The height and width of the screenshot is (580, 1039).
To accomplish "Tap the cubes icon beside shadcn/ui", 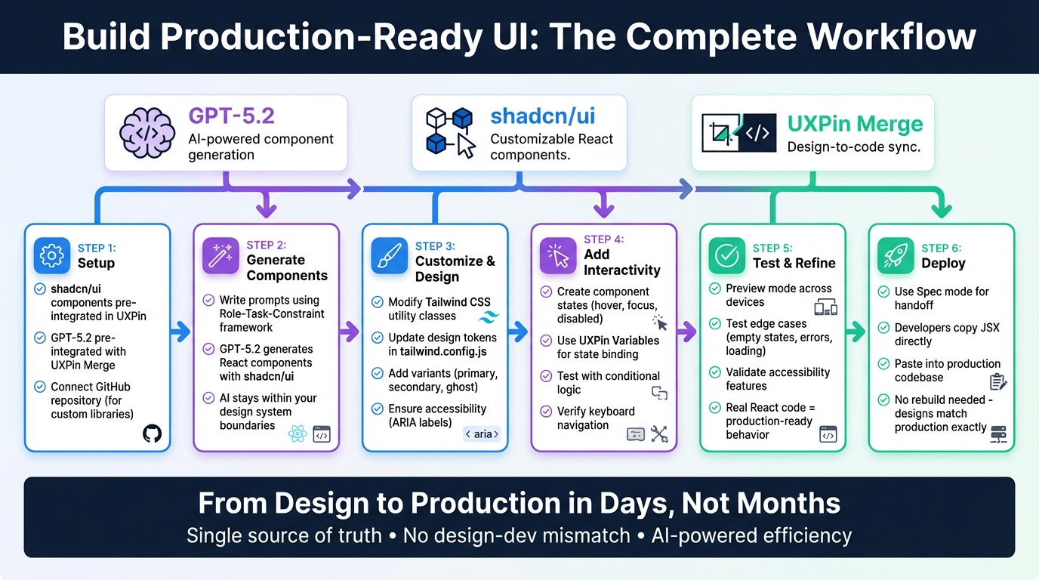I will pos(451,132).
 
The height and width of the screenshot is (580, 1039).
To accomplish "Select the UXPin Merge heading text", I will pos(855,124).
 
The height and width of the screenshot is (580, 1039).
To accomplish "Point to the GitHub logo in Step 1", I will pos(152,433).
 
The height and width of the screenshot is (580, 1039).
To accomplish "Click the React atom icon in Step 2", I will pos(297,434).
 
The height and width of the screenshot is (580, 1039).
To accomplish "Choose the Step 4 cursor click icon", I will pos(558,256).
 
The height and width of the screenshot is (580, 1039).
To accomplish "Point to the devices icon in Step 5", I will pos(826,307).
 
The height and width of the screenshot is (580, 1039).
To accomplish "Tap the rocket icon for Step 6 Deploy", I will pos(896,256).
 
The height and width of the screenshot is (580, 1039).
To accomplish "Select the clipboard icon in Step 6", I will pos(997,382).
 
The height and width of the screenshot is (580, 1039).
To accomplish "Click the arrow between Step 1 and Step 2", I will pos(181,330).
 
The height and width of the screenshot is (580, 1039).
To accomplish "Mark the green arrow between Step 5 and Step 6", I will pos(856,330).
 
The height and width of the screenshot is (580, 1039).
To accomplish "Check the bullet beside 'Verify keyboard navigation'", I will pos(546,412).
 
